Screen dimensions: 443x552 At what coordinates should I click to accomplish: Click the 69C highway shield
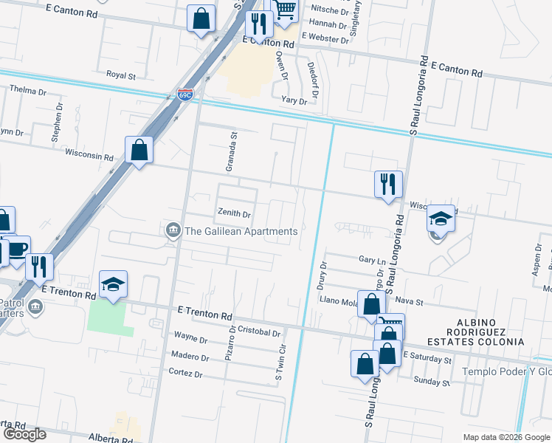pyautogui.click(x=184, y=95)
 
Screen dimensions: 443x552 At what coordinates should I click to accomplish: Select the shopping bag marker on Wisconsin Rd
pyautogui.click(x=139, y=151)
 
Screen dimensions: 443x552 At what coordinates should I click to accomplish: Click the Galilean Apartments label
pyautogui.click(x=241, y=231)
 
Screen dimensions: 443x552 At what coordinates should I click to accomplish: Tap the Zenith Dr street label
pyautogui.click(x=234, y=213)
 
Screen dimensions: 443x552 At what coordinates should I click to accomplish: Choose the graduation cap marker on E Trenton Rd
pyautogui.click(x=114, y=284)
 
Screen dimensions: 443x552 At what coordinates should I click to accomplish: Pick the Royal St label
pyautogui.click(x=121, y=75)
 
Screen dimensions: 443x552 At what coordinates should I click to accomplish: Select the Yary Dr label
pyautogui.click(x=294, y=100)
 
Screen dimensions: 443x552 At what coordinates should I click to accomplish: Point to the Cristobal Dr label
pyautogui.click(x=259, y=334)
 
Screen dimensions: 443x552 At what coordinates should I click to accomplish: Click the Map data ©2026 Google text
pyautogui.click(x=506, y=437)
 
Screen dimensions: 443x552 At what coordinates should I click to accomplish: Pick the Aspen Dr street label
pyautogui.click(x=537, y=263)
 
